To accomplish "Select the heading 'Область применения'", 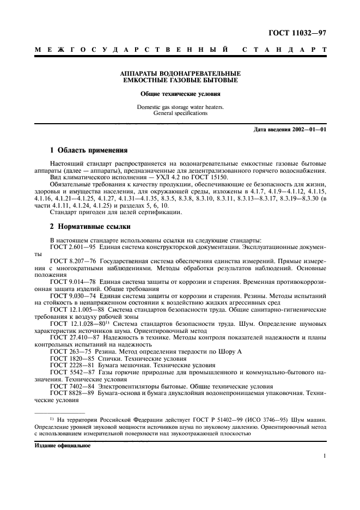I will (x=89, y=150).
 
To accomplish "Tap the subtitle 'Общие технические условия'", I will (x=180, y=94).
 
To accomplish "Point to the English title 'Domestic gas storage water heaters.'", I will (x=180, y=107).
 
